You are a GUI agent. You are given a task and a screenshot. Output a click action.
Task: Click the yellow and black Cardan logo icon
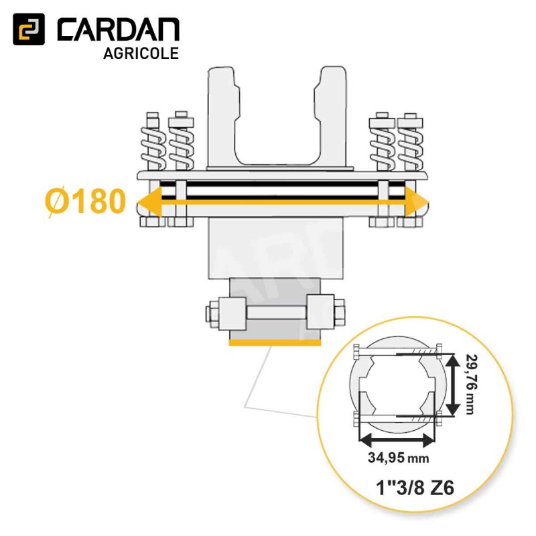tap(29, 29)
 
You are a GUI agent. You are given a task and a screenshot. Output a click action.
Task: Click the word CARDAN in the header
tap(118, 29)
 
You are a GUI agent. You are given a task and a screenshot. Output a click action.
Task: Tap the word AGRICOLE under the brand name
tap(141, 54)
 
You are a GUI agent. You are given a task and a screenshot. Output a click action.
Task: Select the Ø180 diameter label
tap(85, 202)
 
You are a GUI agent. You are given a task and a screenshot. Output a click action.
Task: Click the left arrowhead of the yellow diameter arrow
tap(149, 202)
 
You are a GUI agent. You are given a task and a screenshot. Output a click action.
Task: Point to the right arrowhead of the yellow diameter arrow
tap(416, 202)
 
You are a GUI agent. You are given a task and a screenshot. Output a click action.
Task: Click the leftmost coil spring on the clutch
tap(153, 149)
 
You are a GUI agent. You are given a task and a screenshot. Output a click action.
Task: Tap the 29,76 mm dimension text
tap(472, 385)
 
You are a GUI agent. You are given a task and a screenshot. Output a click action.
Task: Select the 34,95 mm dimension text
tap(398, 458)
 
